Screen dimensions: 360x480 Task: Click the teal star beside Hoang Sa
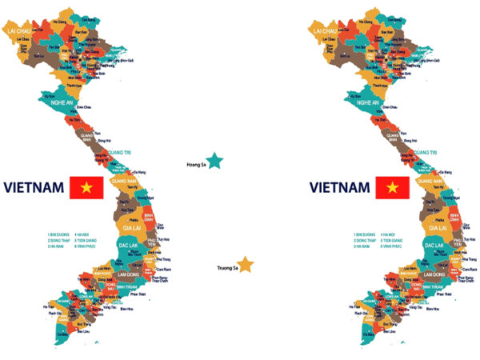(x=214, y=162)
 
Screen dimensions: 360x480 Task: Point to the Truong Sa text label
(x=227, y=268)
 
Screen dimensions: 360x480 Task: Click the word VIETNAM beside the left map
(x=34, y=188)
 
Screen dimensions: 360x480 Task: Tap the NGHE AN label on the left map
(x=58, y=102)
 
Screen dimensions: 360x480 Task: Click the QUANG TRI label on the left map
(x=117, y=152)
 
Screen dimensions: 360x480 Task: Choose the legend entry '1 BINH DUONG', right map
(x=366, y=235)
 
